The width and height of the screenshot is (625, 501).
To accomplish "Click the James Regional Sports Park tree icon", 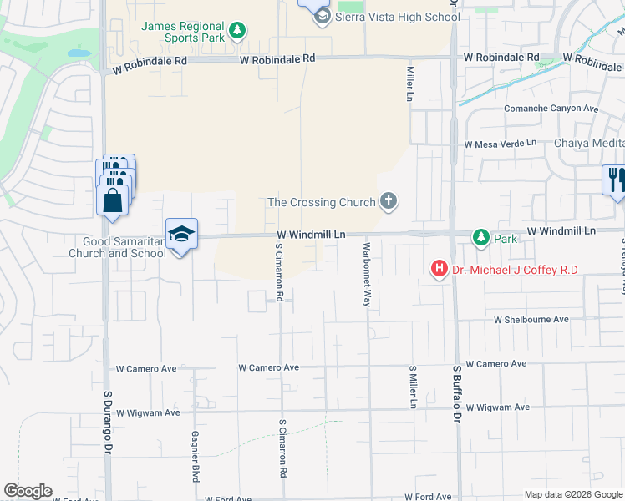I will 238,31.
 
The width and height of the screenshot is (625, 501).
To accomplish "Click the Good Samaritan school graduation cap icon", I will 181,234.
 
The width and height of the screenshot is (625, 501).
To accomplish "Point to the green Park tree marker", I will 480,238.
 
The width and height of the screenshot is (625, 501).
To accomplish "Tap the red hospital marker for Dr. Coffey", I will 438,269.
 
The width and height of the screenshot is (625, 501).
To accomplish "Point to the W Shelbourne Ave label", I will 531,320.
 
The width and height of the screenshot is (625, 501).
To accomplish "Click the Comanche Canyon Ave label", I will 551,109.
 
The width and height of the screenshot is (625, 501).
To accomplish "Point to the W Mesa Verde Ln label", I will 501,144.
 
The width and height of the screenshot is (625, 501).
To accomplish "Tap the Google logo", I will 28,491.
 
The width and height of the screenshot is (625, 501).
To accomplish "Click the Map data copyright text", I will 573,494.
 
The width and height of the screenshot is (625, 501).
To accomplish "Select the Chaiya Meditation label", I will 589,143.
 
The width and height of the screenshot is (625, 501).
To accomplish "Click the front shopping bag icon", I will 112,202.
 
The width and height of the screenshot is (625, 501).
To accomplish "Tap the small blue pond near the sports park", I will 79,53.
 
